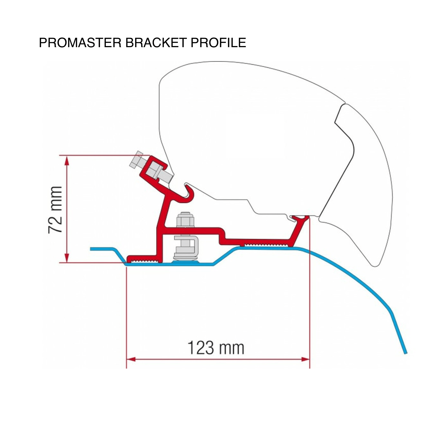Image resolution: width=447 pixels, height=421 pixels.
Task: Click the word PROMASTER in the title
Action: [x=80, y=43]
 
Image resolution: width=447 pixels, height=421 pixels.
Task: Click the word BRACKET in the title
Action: [x=156, y=43]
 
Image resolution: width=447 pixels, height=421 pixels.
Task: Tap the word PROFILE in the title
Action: [x=219, y=43]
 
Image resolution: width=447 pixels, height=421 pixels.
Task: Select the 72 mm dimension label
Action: [x=55, y=210]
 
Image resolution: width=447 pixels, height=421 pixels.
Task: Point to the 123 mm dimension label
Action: [x=216, y=348]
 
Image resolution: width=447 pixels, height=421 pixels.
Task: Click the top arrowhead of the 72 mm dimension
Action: [x=67, y=160]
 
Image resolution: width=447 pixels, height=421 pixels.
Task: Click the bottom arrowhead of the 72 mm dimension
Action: [x=67, y=258]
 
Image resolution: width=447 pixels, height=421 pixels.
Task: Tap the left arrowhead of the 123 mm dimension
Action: [x=131, y=359]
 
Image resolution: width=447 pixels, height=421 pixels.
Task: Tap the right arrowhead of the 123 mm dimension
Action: [x=305, y=359]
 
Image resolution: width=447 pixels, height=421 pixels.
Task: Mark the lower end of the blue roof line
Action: [x=405, y=353]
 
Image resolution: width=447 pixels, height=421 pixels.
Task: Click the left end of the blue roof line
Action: [x=91, y=249]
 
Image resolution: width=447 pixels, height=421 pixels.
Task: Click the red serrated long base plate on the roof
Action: [x=256, y=243]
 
